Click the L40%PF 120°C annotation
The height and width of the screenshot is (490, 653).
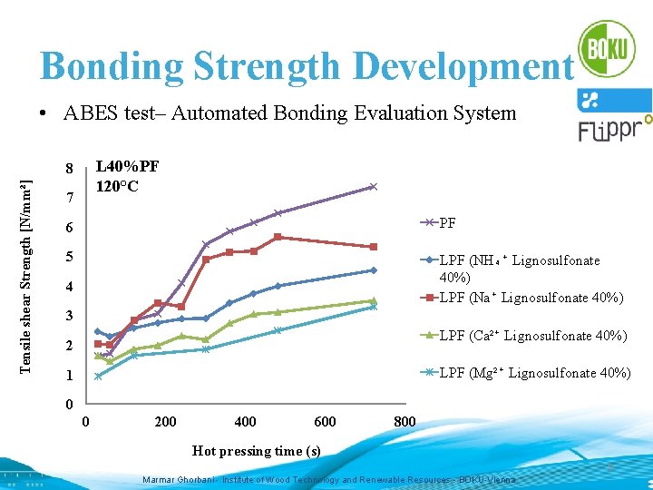tap(127, 176)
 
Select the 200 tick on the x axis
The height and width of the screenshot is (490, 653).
tap(165, 421)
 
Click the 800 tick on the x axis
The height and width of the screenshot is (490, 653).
tap(404, 421)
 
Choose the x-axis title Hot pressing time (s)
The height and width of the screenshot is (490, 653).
tap(257, 451)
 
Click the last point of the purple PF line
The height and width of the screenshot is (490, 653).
tap(373, 187)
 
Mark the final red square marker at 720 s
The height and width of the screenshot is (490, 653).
tap(373, 247)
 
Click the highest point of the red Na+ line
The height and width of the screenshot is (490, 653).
tap(278, 237)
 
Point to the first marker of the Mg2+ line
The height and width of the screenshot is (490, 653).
tap(98, 376)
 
